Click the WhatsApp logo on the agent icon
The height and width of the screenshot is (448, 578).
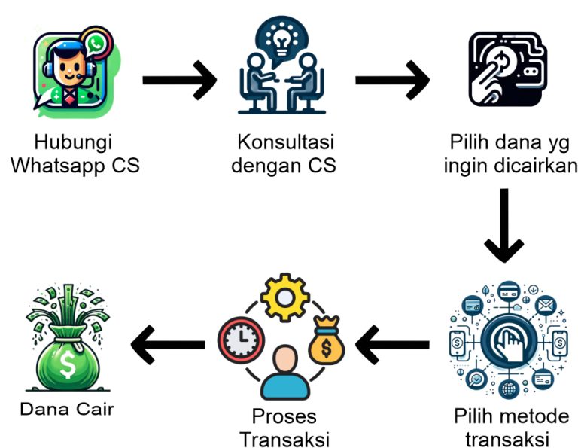[x=96, y=44]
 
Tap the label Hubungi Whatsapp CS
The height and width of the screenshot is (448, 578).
[x=75, y=154]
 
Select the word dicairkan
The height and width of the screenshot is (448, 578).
[x=534, y=165]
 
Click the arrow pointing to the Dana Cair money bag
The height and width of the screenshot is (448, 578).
[x=167, y=344]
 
